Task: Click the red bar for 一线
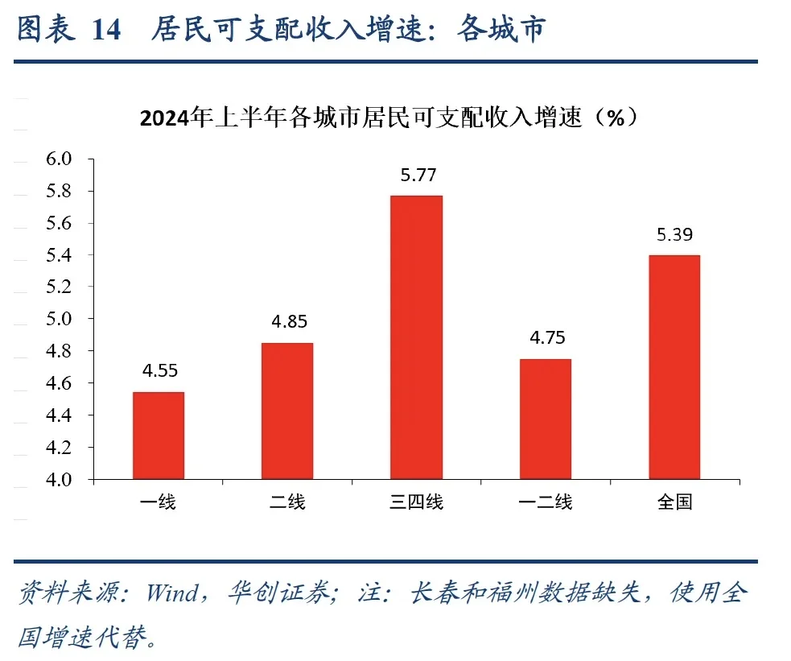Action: (159, 436)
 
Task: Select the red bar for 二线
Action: (287, 411)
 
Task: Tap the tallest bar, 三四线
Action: (416, 337)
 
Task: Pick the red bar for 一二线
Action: (545, 419)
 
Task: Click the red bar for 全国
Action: (674, 367)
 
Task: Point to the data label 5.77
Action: (416, 176)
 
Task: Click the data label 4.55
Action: (159, 371)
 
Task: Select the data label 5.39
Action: (674, 235)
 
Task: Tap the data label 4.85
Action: (288, 322)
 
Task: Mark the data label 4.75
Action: (546, 338)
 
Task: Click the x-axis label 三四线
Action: (416, 503)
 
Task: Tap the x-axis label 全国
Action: (674, 503)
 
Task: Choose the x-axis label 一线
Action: (159, 503)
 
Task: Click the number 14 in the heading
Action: (106, 30)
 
